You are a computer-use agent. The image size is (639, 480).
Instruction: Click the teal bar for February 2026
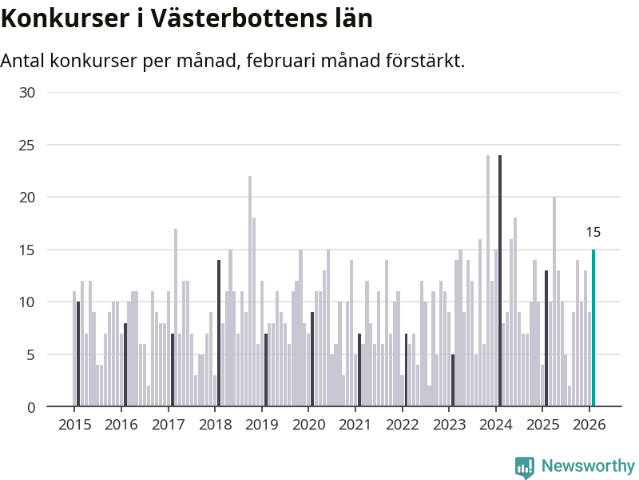click(x=593, y=328)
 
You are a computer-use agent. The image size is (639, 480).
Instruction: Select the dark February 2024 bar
click(x=500, y=281)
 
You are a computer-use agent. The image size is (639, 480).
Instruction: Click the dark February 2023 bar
click(x=453, y=381)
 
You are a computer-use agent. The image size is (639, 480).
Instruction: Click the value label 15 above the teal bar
click(x=593, y=233)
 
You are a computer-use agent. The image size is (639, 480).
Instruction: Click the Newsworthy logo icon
click(x=525, y=466)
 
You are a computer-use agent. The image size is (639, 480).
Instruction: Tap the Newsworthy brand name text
click(x=588, y=466)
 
